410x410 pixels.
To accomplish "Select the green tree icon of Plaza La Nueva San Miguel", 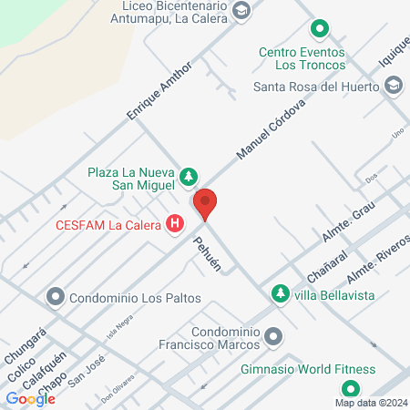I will [x=189, y=175].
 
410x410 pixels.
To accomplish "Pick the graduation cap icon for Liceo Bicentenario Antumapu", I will [x=241, y=11].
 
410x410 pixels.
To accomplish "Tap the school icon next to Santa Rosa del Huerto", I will [x=394, y=87].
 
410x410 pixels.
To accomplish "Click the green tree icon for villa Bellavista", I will [x=279, y=293].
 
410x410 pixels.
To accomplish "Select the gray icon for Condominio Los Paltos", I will [x=56, y=297].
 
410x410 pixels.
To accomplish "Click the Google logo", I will [x=30, y=398].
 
